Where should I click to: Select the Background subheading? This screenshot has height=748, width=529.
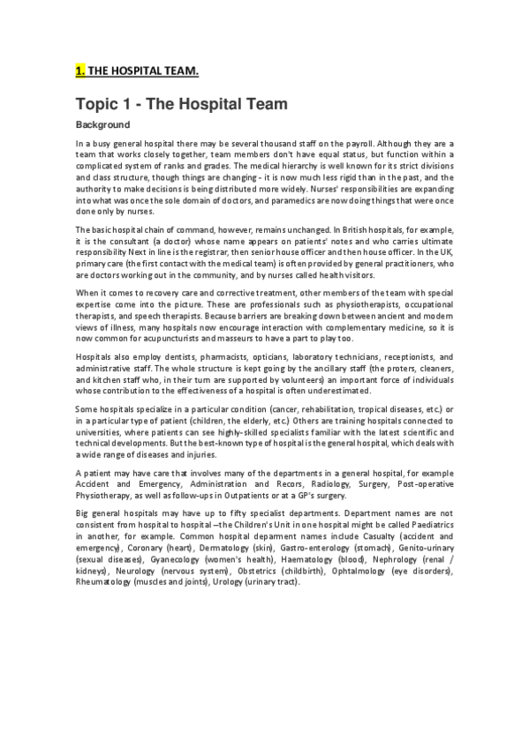click(102, 125)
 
